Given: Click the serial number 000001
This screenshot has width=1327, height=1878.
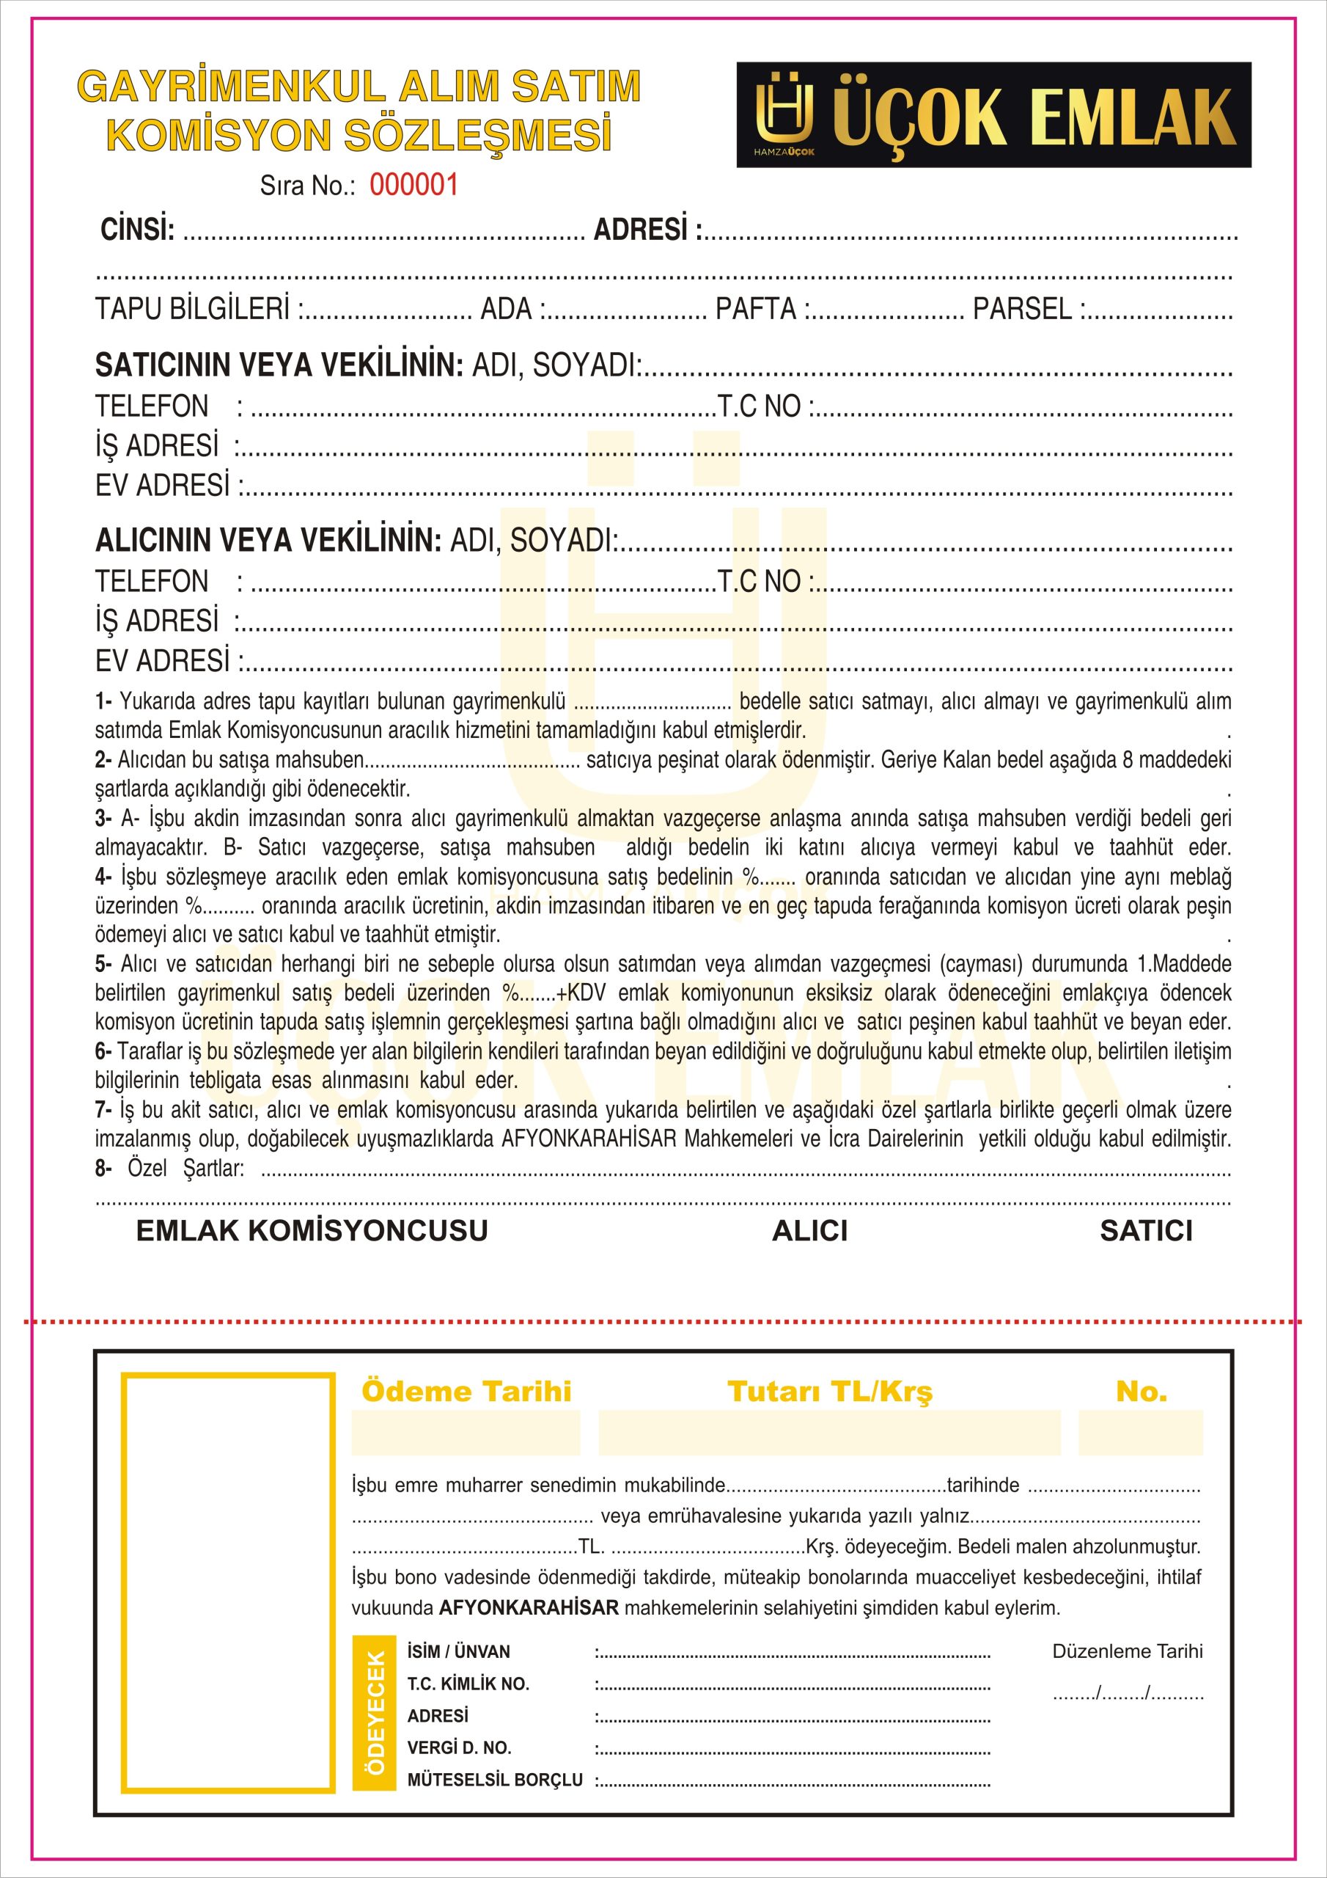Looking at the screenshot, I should tap(413, 185).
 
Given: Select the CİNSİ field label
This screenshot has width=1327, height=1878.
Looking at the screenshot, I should tap(137, 230).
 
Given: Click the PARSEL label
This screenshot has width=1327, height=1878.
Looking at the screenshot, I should tap(1022, 309).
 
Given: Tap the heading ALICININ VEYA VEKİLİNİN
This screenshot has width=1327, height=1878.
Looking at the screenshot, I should tap(268, 540).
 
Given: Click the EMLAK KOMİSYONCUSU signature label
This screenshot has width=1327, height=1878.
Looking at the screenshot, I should tap(312, 1231).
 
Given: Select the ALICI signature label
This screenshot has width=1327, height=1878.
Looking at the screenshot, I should tap(809, 1231).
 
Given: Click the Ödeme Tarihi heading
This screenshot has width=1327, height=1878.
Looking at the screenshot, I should tap(466, 1392).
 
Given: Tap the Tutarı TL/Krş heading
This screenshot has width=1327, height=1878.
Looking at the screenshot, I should tap(830, 1392).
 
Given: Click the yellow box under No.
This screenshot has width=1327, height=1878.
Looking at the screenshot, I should tap(1141, 1432).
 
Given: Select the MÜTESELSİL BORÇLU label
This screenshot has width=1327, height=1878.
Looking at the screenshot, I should tap(495, 1780).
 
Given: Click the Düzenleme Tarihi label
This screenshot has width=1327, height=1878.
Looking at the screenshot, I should tap(1128, 1651).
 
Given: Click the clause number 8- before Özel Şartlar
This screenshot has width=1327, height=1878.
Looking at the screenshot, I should tap(103, 1169).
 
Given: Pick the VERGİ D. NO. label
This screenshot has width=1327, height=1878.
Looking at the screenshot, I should tap(460, 1748).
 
